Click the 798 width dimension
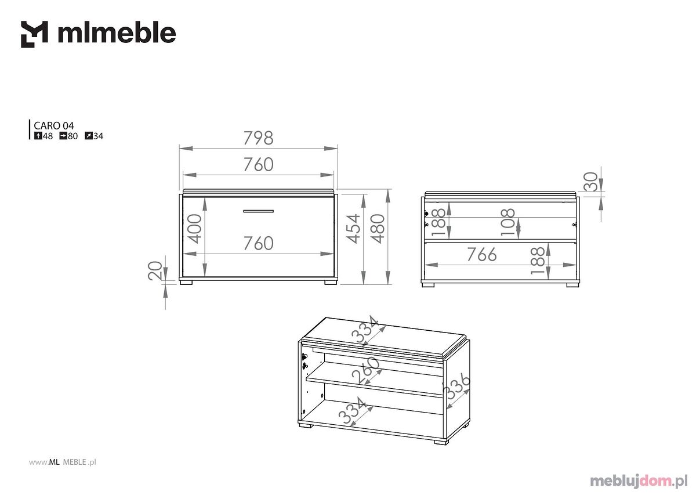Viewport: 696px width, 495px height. pyautogui.click(x=258, y=138)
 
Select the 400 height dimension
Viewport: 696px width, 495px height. pyautogui.click(x=195, y=229)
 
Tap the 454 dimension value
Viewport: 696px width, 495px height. pyautogui.click(x=353, y=229)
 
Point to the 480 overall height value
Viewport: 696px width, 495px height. pyautogui.click(x=378, y=229)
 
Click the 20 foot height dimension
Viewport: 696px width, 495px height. pyautogui.click(x=155, y=271)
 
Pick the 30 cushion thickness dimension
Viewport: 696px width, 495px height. pyautogui.click(x=590, y=182)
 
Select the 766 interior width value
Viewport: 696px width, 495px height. pyautogui.click(x=482, y=254)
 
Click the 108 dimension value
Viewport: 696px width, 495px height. pyautogui.click(x=508, y=222)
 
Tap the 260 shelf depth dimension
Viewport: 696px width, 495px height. pyautogui.click(x=367, y=370)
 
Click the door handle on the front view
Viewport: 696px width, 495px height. pyautogui.click(x=258, y=211)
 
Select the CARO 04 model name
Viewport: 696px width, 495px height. pyautogui.click(x=54, y=125)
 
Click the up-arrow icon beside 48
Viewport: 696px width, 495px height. pyautogui.click(x=38, y=136)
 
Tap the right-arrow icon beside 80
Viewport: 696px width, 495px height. pyautogui.click(x=63, y=136)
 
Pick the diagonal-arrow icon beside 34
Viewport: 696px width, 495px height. pyautogui.click(x=89, y=136)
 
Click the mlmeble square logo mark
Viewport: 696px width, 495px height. pyautogui.click(x=34, y=34)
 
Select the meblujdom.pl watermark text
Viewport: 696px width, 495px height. pyautogui.click(x=639, y=482)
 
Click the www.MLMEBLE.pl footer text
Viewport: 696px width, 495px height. pyautogui.click(x=63, y=463)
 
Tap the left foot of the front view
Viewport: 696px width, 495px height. pyautogui.click(x=186, y=283)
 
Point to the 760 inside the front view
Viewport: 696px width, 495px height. pyautogui.click(x=258, y=243)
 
